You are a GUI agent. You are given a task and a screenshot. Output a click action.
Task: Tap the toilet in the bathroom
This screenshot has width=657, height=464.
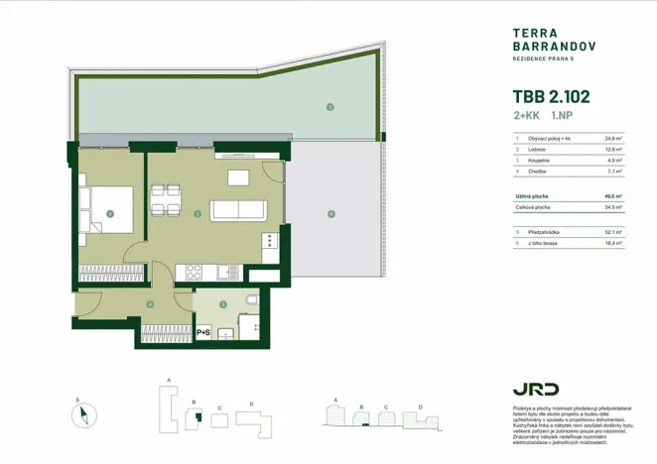click(x=251, y=298)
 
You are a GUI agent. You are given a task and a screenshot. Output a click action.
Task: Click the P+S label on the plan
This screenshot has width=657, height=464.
click(x=204, y=332)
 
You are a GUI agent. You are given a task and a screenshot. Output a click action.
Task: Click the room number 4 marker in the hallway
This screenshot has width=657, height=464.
click(x=149, y=304)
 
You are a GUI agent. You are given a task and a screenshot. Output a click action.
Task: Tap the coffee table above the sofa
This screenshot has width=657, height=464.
click(x=238, y=177)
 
